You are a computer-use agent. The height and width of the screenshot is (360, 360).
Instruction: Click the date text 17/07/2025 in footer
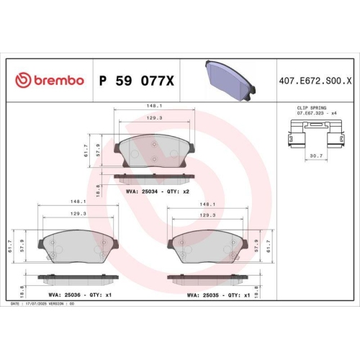click(38, 304)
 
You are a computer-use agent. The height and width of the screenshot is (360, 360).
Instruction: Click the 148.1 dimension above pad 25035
click(208, 204)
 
